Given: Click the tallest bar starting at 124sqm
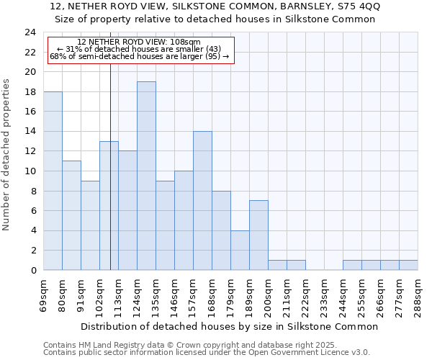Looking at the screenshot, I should (146, 176).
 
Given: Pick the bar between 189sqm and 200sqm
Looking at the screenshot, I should (258, 235).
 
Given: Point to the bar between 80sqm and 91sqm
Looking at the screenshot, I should (71, 215).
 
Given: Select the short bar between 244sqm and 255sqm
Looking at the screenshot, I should (352, 265).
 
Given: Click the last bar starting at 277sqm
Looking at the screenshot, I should (408, 265).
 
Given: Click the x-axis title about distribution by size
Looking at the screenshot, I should (229, 326).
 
